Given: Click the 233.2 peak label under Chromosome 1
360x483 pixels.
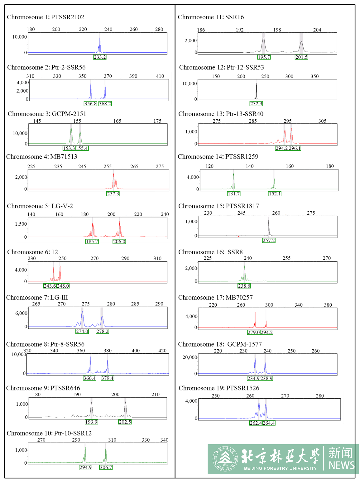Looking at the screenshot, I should [100, 57].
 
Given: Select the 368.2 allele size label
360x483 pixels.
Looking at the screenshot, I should [105, 104].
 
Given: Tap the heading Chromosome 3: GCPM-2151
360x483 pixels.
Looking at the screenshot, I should [47, 114].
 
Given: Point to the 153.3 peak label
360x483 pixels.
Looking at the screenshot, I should [69, 148].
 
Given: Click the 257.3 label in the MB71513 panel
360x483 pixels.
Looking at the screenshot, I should [113, 194].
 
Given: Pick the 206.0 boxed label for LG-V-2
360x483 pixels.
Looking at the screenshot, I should [119, 242].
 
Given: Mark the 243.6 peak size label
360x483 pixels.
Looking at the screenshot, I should [50, 286].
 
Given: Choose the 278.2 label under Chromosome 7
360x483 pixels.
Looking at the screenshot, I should [102, 331].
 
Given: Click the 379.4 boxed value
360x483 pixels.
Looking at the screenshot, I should [107, 378].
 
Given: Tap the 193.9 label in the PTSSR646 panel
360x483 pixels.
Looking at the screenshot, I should [91, 422].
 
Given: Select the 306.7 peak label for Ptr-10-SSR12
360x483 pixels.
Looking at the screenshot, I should [106, 467].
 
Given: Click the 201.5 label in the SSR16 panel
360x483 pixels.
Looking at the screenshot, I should [301, 57].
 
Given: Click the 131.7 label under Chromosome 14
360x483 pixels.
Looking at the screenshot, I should [234, 194].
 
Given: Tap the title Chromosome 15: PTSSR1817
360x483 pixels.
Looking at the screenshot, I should [218, 206].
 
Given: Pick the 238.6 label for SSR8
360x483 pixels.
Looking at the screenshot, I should [244, 286].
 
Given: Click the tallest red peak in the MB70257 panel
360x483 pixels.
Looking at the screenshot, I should [255, 319].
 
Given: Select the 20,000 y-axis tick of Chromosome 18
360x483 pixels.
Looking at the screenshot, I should [189, 357].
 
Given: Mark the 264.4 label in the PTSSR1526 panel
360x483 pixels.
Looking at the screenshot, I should [269, 423].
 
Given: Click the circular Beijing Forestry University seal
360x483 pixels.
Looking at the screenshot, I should [225, 459].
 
